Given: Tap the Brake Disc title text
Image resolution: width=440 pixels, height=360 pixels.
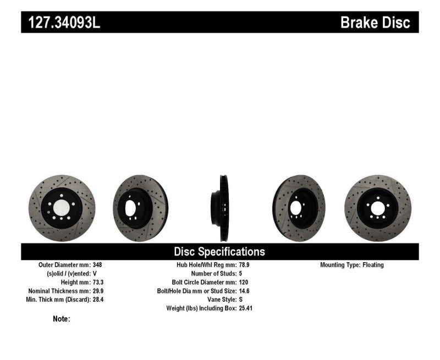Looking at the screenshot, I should pyautogui.click(x=375, y=23).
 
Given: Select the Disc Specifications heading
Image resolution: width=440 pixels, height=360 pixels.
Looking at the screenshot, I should pyautogui.click(x=219, y=252).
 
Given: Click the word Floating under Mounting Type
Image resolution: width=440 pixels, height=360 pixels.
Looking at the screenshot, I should pyautogui.click(x=373, y=265).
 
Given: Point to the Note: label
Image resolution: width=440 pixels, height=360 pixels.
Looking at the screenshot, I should pyautogui.click(x=62, y=319).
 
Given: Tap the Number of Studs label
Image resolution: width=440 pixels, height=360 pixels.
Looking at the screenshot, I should pyautogui.click(x=213, y=273).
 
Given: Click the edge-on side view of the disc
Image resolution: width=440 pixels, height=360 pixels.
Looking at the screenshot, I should pyautogui.click(x=222, y=208).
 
